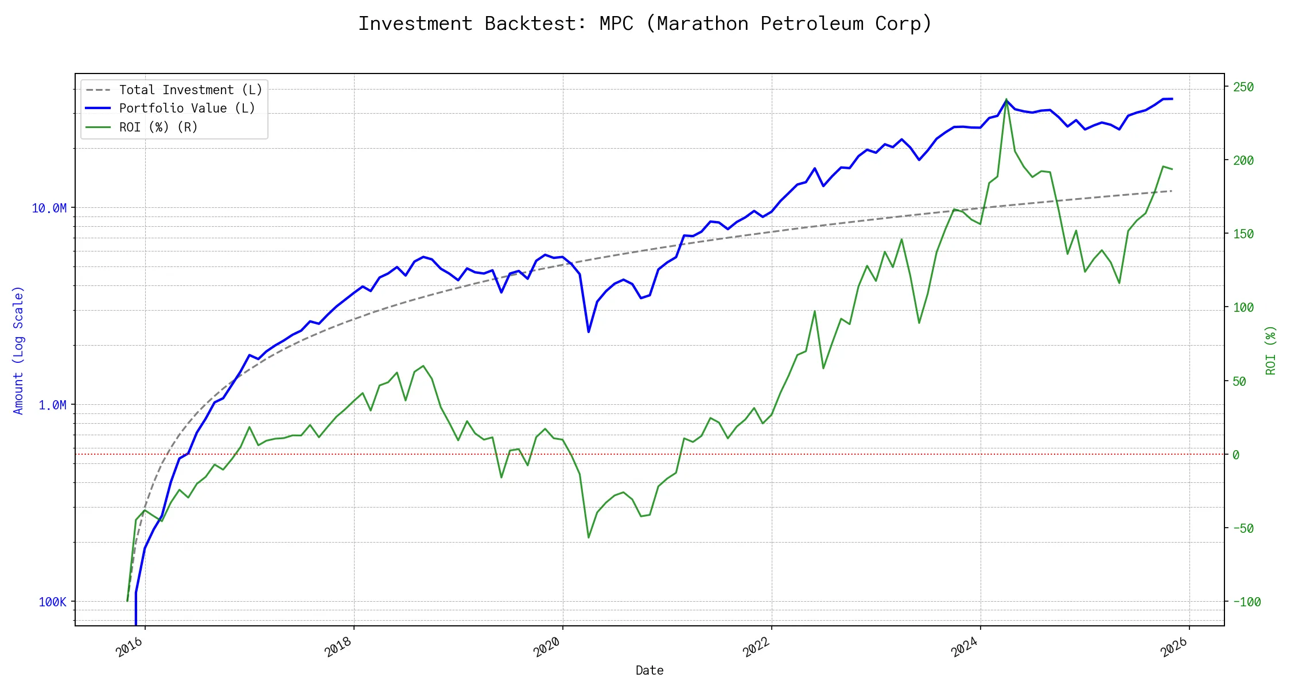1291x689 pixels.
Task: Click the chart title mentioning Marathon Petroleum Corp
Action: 645,24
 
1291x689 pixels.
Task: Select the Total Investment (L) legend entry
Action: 190,90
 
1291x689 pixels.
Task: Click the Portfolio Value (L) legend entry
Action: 187,109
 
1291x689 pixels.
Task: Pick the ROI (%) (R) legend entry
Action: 158,127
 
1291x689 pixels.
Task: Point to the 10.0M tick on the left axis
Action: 49,208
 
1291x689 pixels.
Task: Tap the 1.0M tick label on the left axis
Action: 53,405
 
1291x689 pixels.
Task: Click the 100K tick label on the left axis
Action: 53,602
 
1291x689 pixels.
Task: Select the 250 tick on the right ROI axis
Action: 1243,87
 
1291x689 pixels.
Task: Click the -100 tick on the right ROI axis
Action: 1246,602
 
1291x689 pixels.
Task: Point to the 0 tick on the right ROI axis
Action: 1236,455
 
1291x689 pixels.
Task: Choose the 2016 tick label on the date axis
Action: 130,648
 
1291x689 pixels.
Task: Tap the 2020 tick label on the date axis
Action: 547,648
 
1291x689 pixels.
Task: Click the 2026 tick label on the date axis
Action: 1174,648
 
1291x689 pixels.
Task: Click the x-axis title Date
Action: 650,671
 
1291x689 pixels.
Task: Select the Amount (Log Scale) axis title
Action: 18,350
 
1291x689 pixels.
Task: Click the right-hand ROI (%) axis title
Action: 1271,350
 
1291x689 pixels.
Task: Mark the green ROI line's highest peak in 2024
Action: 1006,99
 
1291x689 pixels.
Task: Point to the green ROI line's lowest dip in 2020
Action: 589,538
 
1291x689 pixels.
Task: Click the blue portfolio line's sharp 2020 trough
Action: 589,332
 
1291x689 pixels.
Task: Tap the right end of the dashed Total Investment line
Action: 1172,191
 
